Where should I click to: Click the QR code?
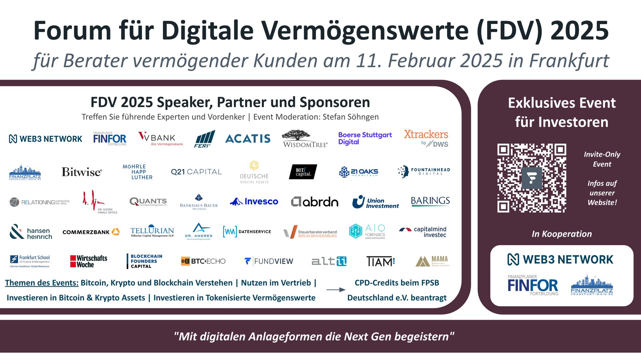tap(532, 178)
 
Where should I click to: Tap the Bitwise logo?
tap(82, 172)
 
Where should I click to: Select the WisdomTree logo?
tap(305, 139)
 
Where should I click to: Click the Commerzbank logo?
tap(91, 232)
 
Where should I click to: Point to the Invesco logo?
tap(254, 201)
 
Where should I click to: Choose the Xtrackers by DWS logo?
tap(426, 138)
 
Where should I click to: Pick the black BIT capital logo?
tap(303, 172)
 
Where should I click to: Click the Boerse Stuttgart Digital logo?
tap(365, 138)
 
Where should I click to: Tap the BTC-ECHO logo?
tap(203, 261)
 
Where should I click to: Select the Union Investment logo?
tap(375, 202)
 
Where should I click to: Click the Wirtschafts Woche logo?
tap(89, 261)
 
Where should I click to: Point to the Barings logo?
tap(430, 201)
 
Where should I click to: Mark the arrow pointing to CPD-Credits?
tap(335, 290)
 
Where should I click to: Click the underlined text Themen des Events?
tap(42, 283)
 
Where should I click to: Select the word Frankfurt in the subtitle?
tap(569, 61)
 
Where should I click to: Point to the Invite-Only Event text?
tap(602, 159)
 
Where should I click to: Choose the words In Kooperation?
tap(562, 234)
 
